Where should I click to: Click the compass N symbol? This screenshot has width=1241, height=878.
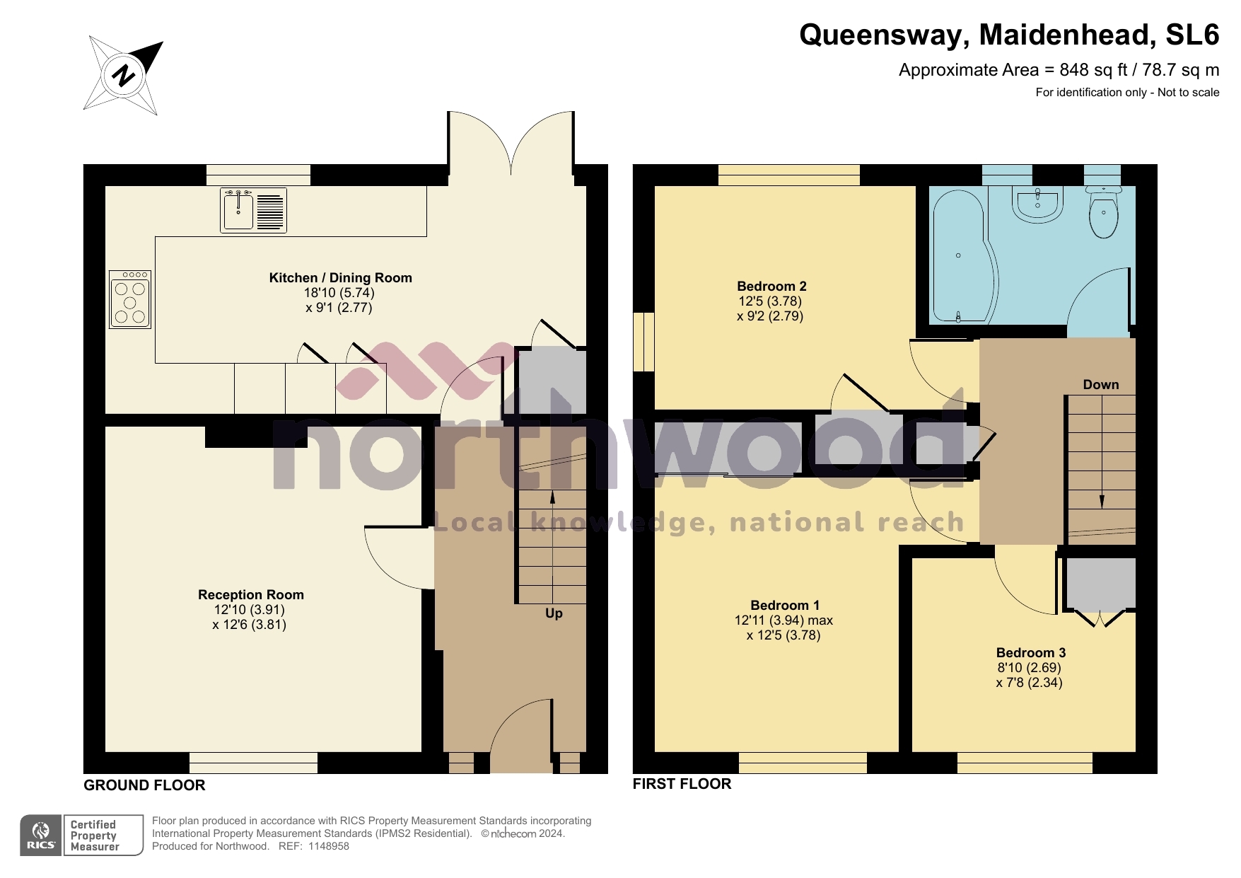[124, 75]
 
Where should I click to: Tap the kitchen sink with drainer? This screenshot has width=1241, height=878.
[253, 211]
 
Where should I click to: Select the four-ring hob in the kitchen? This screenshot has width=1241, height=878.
[130, 299]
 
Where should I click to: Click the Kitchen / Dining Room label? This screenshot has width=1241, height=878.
[340, 278]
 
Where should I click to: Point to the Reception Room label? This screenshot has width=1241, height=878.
[250, 595]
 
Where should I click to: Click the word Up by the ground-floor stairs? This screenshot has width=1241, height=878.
[554, 613]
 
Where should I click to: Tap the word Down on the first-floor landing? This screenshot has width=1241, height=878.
[1100, 385]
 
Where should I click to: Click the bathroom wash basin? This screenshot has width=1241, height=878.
[1037, 204]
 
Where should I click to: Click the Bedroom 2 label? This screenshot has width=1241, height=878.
[771, 287]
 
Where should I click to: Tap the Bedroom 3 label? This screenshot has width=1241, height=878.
[1030, 653]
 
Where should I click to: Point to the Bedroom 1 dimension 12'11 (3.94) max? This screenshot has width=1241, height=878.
[783, 620]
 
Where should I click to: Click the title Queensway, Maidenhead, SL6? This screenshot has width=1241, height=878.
[1008, 35]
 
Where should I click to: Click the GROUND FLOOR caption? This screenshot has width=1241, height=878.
[144, 785]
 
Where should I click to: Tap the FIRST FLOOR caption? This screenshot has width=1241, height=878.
[682, 784]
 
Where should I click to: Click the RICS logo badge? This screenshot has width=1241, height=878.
[41, 836]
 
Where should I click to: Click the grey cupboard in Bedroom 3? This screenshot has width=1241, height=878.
[1100, 584]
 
